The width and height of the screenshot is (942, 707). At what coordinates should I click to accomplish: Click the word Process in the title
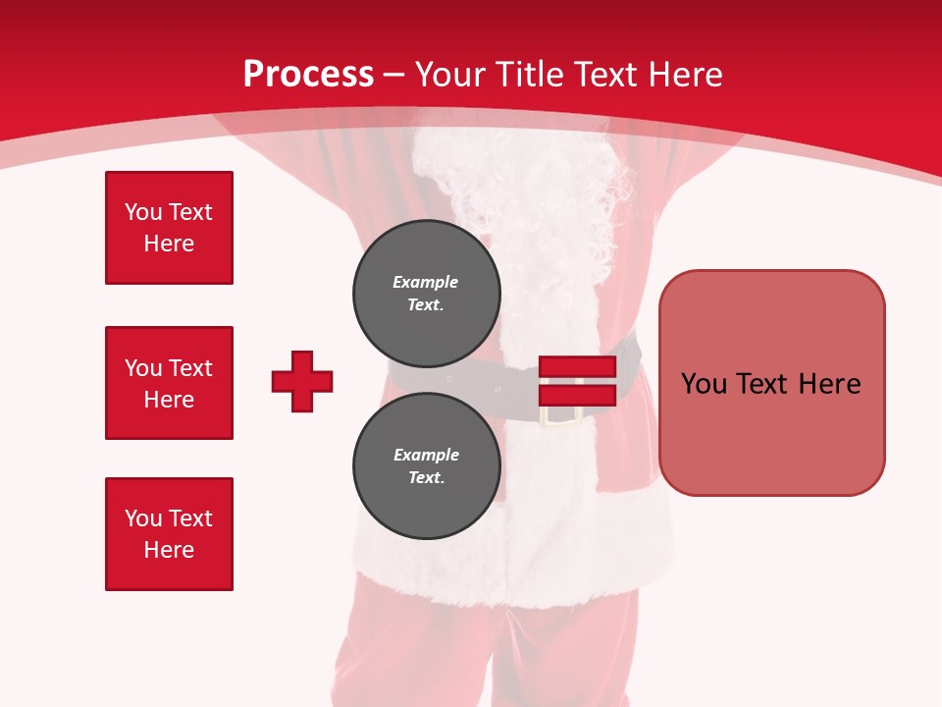[308, 75]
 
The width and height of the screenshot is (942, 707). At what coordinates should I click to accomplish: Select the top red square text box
[169, 228]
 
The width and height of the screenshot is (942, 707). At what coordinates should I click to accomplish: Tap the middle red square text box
[169, 383]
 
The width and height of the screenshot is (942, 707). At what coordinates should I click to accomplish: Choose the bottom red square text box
[169, 534]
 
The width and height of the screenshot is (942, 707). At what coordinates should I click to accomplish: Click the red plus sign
[302, 381]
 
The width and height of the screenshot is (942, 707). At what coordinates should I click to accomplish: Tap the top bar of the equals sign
[577, 367]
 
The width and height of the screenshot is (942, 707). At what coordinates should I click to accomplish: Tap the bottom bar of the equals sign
[577, 395]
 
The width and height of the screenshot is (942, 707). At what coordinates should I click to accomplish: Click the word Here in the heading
[685, 75]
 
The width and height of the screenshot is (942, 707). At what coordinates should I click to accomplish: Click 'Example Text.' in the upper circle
[426, 293]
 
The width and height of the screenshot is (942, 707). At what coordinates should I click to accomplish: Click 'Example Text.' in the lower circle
[426, 466]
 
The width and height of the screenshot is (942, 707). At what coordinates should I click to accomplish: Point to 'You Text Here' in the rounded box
[771, 383]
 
